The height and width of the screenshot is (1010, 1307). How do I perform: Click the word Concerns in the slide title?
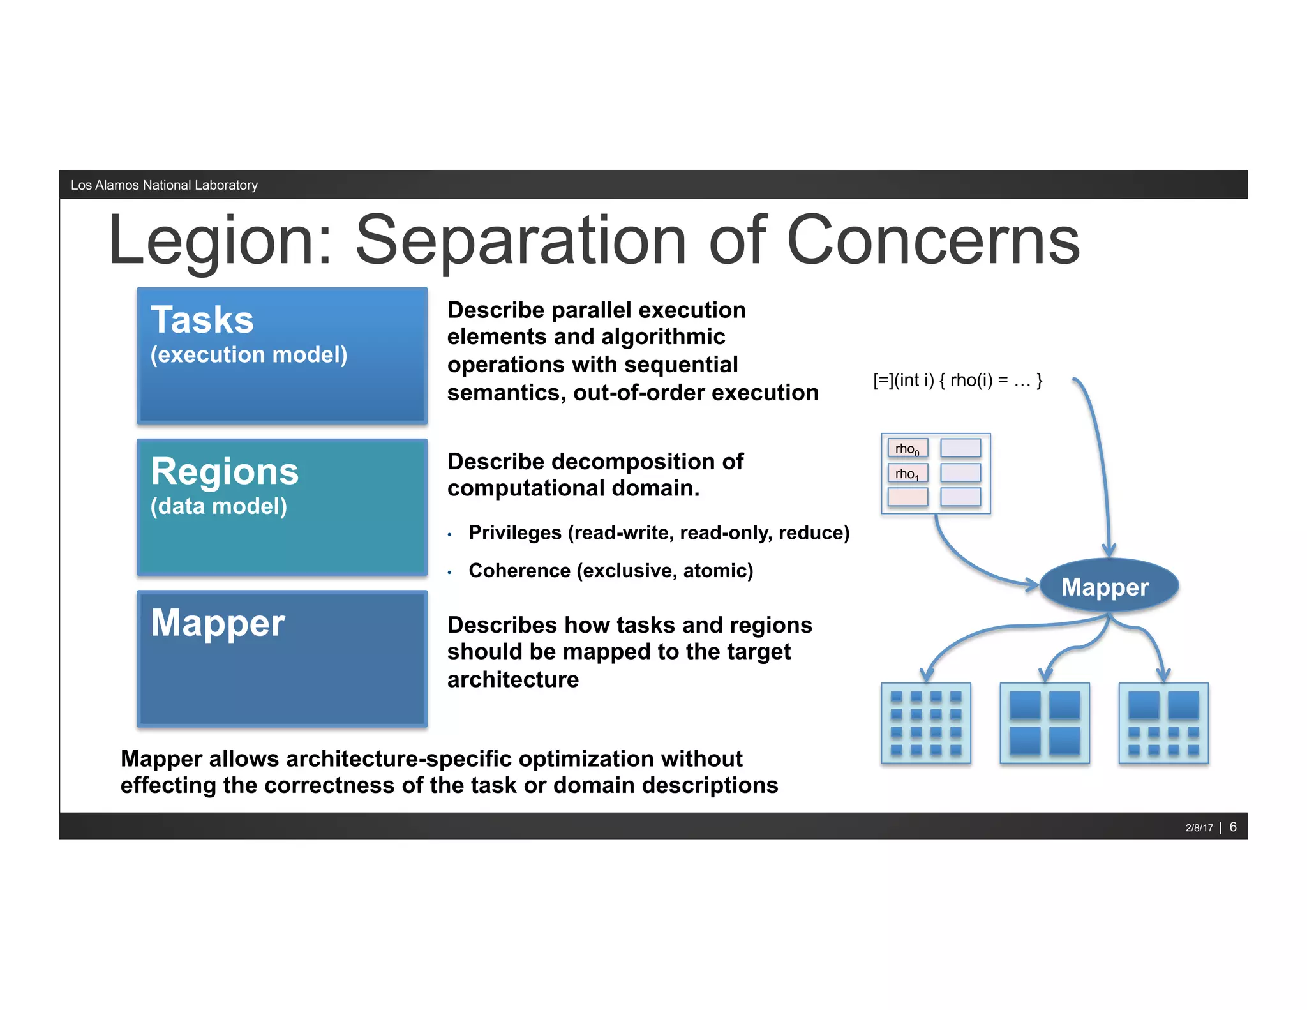pos(933,241)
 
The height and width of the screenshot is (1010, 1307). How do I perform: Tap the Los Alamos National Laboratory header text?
pos(164,185)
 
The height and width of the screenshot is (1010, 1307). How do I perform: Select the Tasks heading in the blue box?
pos(202,320)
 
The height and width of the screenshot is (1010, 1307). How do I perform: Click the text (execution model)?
pos(249,355)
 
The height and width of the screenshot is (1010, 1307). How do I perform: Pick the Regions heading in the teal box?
pos(225,472)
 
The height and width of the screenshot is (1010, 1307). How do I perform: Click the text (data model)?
pos(219,506)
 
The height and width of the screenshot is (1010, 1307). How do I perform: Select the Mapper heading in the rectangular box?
pos(218,623)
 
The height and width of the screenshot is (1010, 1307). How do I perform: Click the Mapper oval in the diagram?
pos(1109,587)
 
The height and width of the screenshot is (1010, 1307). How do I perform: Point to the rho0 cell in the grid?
pos(907,449)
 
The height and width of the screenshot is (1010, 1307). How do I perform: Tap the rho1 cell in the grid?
pos(907,474)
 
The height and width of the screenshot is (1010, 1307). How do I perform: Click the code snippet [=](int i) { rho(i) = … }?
pos(957,381)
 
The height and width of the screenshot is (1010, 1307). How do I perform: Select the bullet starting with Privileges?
pos(658,532)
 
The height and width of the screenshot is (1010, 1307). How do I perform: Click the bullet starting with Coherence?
pos(610,570)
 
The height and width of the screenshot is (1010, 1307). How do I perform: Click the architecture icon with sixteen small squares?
pos(925,723)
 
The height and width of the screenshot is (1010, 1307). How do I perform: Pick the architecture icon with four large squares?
pos(1044,723)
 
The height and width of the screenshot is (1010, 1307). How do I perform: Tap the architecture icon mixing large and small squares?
pos(1163,723)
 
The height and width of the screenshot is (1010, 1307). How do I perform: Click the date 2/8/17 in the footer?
pos(1199,828)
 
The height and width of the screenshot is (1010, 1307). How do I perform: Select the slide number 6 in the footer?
pos(1233,827)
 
